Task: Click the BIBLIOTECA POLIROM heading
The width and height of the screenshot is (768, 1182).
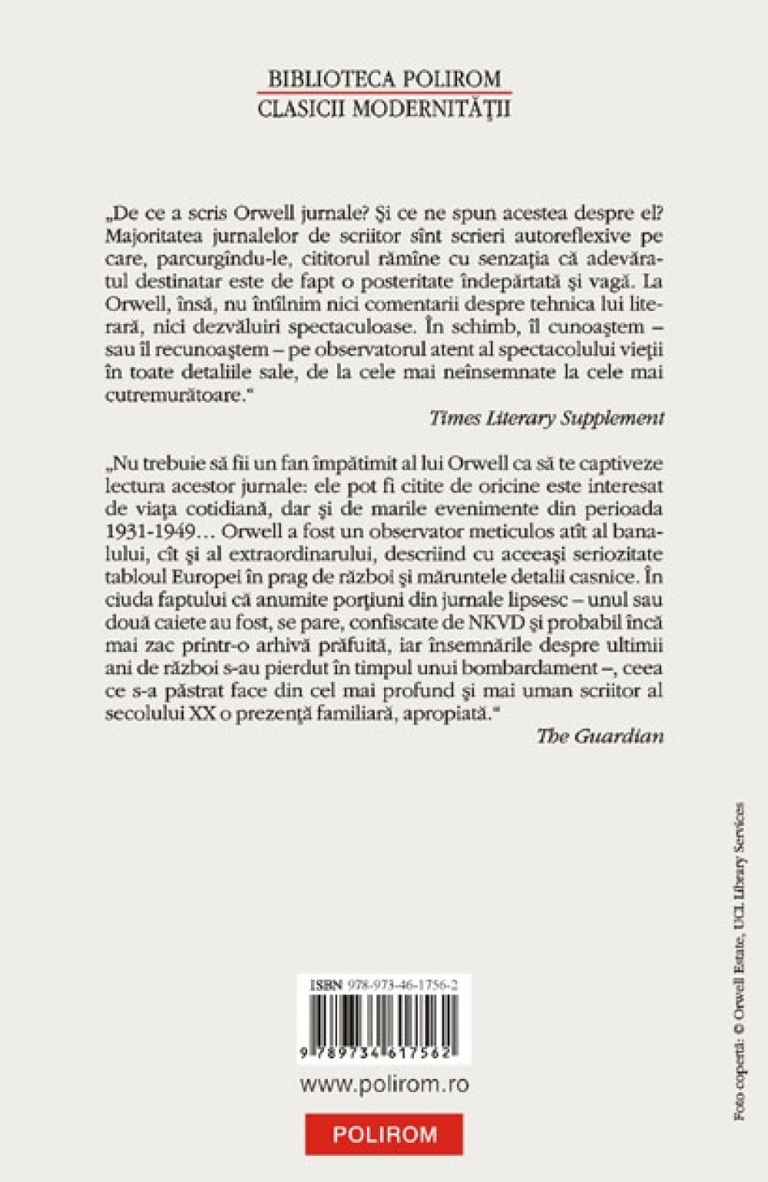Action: pos(384,79)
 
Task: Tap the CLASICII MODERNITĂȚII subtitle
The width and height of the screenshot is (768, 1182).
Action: pos(384,108)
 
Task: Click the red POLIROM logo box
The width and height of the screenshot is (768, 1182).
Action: pos(384,1134)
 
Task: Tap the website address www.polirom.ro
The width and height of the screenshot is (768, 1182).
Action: pos(384,1084)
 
